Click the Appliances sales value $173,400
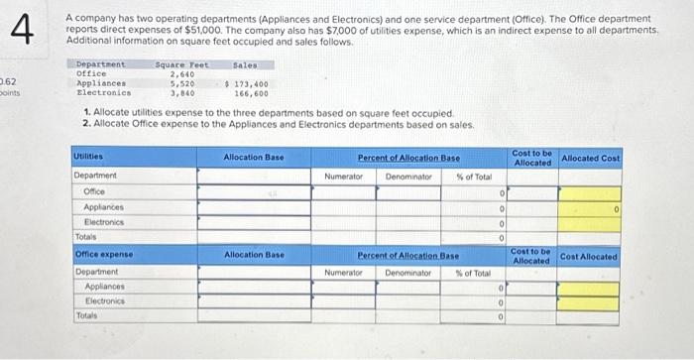(248, 83)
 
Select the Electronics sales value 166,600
(251, 93)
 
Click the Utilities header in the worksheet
(89, 157)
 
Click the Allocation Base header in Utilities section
(254, 157)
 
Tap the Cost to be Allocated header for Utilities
(532, 157)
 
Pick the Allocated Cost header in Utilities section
(590, 158)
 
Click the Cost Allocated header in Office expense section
(589, 256)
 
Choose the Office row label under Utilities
(95, 191)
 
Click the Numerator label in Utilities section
(343, 176)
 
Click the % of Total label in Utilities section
(472, 176)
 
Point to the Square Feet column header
(181, 63)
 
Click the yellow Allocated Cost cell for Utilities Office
(590, 193)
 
